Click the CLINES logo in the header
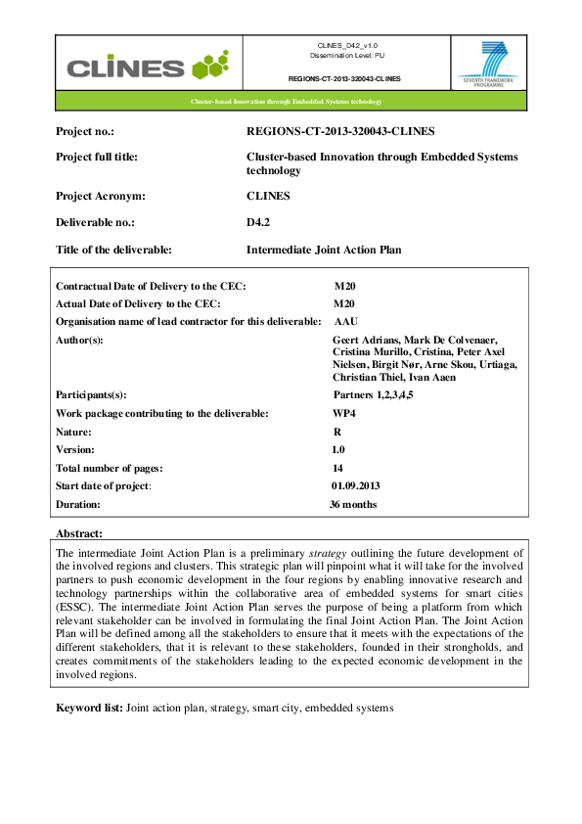[147, 67]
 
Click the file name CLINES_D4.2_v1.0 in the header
[347, 46]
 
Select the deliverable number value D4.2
[259, 222]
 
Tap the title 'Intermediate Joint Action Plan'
[324, 250]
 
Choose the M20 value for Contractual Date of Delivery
[344, 286]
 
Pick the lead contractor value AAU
[346, 321]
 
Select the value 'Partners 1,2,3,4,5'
[381, 394]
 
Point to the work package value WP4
[344, 413]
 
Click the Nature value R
[336, 431]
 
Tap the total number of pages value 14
[338, 468]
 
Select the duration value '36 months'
[353, 505]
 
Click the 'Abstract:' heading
[79, 533]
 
